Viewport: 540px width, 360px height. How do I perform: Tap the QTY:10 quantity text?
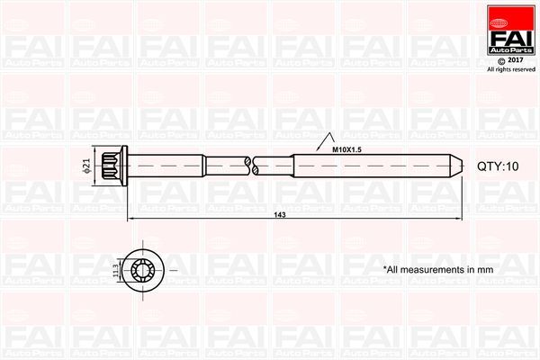click(x=499, y=167)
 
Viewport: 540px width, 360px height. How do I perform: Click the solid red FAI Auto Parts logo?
click(x=510, y=32)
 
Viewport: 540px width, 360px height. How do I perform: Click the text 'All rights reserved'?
click(x=509, y=69)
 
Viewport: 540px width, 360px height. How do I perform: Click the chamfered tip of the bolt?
click(x=457, y=166)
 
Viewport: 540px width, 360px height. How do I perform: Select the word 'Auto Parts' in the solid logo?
click(x=510, y=48)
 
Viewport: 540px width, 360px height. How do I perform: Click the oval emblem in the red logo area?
click(x=510, y=12)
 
